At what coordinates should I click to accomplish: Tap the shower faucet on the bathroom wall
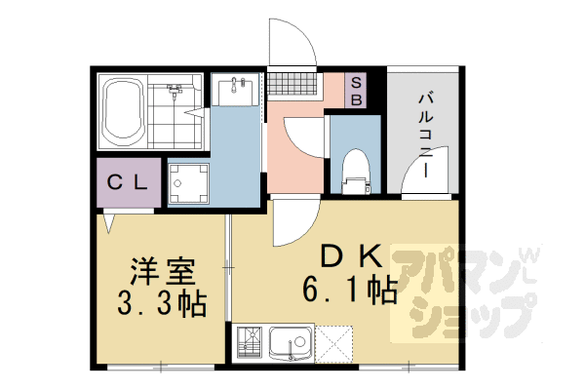[175, 90]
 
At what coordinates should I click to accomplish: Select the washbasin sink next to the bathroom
[235, 90]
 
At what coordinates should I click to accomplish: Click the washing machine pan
[188, 183]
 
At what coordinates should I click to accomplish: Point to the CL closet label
[127, 182]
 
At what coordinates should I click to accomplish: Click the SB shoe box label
[356, 92]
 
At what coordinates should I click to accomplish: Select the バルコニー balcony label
[425, 136]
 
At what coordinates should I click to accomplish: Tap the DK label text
[351, 256]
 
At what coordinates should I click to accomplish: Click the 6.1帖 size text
[350, 290]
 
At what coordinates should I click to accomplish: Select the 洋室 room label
[163, 271]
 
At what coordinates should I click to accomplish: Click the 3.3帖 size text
[162, 303]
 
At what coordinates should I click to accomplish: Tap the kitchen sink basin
[291, 342]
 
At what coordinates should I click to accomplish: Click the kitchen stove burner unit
[250, 343]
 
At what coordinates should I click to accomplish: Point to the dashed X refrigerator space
[333, 344]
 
